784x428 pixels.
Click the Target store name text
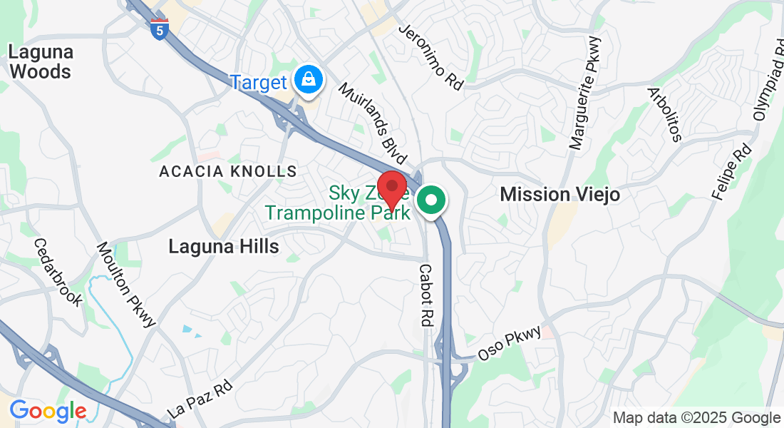click(258, 83)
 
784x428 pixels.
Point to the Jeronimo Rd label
click(431, 57)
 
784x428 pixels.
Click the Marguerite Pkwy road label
click(586, 93)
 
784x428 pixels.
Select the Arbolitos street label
click(664, 114)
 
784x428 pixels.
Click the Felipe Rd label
click(732, 172)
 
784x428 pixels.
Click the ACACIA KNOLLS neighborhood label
click(227, 171)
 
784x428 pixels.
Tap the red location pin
click(391, 189)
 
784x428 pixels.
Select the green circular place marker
click(430, 200)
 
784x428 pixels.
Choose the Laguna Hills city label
click(223, 246)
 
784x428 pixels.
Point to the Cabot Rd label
click(425, 295)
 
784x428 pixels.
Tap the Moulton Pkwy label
click(126, 284)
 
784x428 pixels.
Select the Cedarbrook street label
click(58, 271)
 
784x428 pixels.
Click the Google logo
click(48, 411)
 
